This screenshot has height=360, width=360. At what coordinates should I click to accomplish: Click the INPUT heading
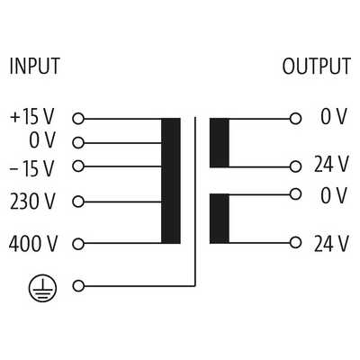tap(34, 66)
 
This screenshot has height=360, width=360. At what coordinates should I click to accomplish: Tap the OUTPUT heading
tap(316, 66)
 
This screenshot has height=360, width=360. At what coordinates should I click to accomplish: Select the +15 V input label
tap(32, 117)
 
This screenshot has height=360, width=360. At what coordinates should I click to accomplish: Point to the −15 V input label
tap(32, 168)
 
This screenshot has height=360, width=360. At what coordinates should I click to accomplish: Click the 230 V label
tap(32, 201)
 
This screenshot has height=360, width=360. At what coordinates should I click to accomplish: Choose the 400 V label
tap(32, 244)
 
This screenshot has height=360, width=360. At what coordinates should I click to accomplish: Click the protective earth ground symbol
tap(42, 288)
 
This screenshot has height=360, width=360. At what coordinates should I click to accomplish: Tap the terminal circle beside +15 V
tap(78, 119)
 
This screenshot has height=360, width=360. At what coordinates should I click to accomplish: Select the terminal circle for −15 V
tap(78, 166)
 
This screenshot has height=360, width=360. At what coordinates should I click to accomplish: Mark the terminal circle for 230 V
tap(78, 202)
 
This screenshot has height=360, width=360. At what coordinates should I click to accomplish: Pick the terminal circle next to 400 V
tap(78, 244)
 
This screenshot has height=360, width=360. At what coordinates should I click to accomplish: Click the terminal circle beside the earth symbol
tap(78, 286)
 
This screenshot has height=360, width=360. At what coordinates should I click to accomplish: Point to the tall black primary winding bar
tap(171, 181)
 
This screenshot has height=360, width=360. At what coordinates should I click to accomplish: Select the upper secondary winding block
tap(220, 143)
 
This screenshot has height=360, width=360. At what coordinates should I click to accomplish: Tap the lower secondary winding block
tap(220, 219)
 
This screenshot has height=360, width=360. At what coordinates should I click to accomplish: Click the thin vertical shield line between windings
tap(195, 202)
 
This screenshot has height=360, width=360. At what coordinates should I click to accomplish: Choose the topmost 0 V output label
tap(334, 117)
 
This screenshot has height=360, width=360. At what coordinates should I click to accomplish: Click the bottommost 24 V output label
tap(331, 244)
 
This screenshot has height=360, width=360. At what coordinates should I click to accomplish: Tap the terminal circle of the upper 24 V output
tap(295, 166)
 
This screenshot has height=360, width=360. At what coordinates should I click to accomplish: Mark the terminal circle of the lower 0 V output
tap(295, 193)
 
